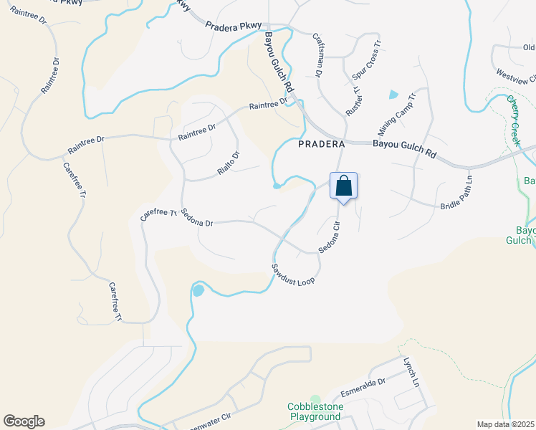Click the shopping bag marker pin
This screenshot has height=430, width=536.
point(344,186)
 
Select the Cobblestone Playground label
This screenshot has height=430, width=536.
point(315,411)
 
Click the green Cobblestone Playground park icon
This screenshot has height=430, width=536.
point(315,398)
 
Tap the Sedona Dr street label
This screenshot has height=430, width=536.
point(198,218)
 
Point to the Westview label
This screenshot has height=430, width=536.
point(515,75)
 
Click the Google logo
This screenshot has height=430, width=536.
point(24,421)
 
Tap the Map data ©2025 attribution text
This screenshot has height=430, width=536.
point(505,424)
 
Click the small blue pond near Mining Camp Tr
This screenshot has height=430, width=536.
point(393,95)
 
